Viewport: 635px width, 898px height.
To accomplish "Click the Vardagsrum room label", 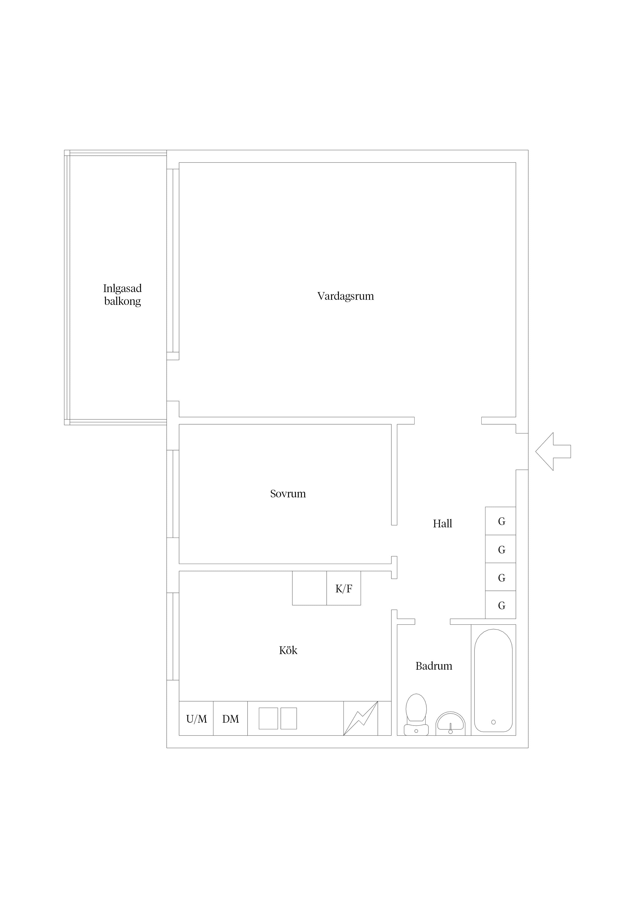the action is (x=345, y=296).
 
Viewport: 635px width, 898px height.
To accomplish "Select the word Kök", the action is (x=288, y=650).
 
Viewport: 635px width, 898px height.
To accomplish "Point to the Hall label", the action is (x=442, y=524).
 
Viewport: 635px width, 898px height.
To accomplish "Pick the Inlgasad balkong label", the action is (x=122, y=295).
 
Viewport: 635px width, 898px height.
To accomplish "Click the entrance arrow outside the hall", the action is (x=553, y=451).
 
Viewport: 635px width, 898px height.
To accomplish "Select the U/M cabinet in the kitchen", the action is (x=196, y=719).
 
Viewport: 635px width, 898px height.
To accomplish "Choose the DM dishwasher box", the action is (x=230, y=719).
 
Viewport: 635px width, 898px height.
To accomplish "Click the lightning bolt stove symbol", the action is (x=361, y=719).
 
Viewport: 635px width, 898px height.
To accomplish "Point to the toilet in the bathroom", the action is (x=416, y=715).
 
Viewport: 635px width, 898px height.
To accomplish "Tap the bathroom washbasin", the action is (x=450, y=723).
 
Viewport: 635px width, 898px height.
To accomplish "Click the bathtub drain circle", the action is (x=493, y=722).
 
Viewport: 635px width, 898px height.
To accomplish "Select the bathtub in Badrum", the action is (x=493, y=681).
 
